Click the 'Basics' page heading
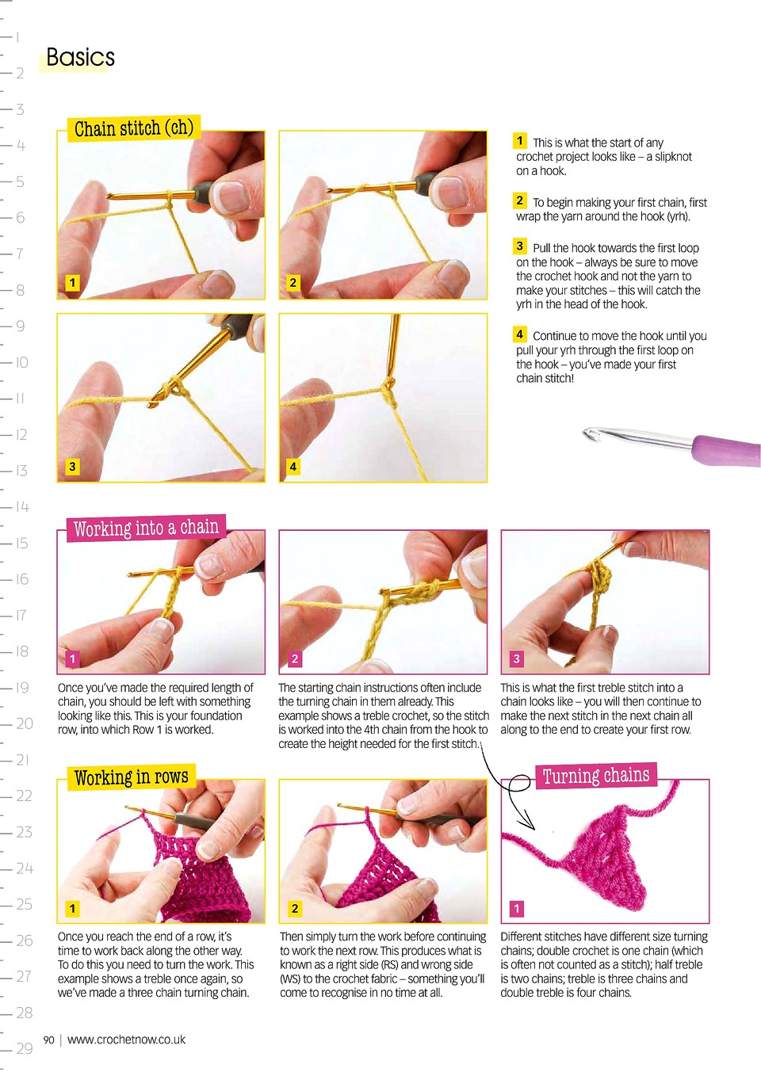click(80, 57)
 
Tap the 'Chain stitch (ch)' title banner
click(133, 128)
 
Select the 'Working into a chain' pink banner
click(146, 528)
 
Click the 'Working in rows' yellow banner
click(131, 776)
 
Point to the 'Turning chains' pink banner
click(596, 775)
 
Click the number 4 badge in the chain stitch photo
click(293, 466)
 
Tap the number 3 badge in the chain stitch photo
click(72, 466)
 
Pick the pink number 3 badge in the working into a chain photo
click(517, 658)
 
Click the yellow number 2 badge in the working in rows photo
click(295, 908)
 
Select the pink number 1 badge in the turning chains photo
click(517, 908)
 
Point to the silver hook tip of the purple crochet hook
click(588, 433)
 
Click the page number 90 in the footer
click(48, 1040)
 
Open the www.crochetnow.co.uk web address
click(126, 1040)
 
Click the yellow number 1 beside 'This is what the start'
click(519, 141)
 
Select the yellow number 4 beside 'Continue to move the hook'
click(519, 334)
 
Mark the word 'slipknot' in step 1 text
click(672, 157)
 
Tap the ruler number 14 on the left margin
click(22, 507)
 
